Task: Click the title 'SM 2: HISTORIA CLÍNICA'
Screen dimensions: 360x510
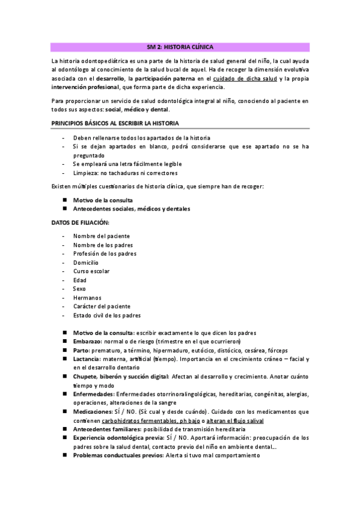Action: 180,47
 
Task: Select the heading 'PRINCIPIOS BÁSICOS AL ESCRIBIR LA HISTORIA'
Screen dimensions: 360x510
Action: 114,123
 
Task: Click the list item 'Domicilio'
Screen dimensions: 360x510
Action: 86,262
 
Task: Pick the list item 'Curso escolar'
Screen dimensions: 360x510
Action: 91,271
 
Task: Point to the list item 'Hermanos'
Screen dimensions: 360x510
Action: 87,297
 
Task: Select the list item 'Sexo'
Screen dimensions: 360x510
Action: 79,289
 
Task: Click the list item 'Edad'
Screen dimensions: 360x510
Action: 79,280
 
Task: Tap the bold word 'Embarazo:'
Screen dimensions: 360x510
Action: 88,342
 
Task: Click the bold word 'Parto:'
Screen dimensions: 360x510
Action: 82,350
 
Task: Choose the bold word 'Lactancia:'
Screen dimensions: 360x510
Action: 89,359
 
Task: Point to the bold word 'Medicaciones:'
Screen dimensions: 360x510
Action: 93,412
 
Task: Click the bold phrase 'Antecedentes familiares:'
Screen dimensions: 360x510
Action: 108,429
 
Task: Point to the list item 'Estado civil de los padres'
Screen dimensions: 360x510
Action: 107,315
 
